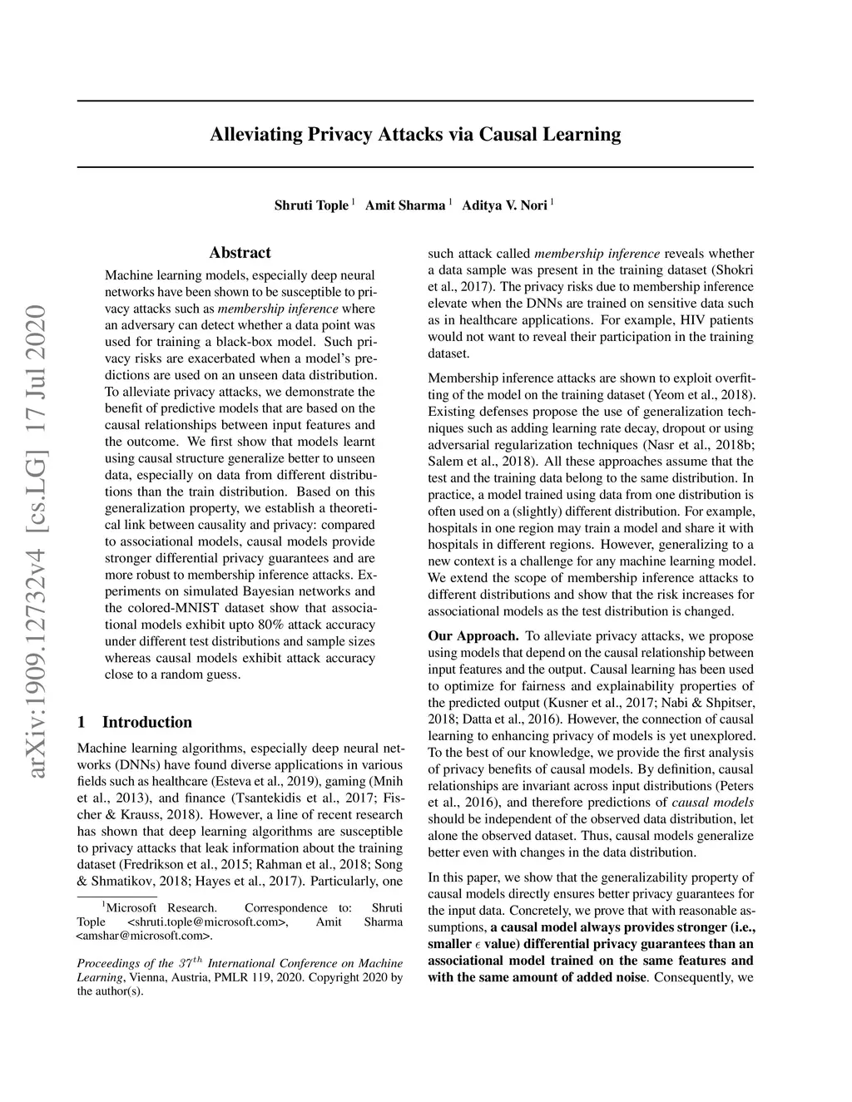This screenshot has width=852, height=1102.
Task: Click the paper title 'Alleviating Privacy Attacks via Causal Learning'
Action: pos(415,134)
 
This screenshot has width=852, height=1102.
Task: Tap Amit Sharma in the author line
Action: pos(405,205)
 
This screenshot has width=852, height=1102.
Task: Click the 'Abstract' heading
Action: pos(240,253)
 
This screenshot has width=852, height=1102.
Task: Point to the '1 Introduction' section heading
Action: pos(134,722)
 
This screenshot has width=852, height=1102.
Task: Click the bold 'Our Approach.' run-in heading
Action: pos(473,636)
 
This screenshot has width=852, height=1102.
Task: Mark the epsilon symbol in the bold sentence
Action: pos(477,945)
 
